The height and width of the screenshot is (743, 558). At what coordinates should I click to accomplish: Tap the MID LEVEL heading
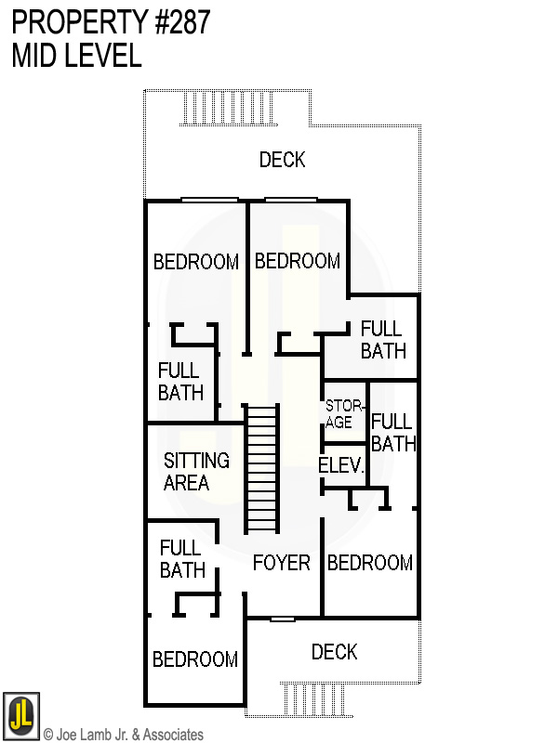point(76,56)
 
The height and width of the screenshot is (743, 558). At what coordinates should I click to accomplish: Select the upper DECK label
point(282,160)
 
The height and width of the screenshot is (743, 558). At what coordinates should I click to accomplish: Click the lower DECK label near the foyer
point(334,652)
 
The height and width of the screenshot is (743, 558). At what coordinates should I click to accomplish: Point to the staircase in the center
point(261,468)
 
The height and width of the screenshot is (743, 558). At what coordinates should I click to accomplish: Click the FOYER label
point(281,563)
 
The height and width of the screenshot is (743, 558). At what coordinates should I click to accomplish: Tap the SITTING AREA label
point(195,472)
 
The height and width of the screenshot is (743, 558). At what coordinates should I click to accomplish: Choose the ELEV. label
point(340,465)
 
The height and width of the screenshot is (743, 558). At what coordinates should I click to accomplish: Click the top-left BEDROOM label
point(195,262)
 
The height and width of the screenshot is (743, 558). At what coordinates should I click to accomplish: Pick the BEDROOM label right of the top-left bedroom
point(297,261)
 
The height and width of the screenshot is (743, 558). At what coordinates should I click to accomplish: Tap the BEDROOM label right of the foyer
point(369,563)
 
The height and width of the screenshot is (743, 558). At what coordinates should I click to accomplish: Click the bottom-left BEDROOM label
point(195,659)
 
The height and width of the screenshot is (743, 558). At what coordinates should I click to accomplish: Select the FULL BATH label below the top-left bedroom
point(179,382)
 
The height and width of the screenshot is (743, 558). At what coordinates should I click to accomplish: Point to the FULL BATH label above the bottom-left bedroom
point(182,559)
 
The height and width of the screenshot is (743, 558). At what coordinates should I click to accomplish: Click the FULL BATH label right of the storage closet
point(392,433)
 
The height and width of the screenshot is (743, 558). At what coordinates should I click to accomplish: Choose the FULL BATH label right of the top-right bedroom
point(382,339)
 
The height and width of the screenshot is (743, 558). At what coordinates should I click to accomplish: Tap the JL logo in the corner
point(20,716)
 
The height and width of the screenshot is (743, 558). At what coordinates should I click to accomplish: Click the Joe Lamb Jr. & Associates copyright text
point(123,735)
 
